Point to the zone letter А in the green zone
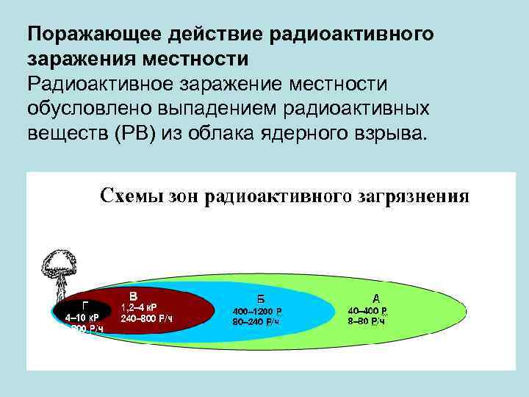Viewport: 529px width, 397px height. point(376,298)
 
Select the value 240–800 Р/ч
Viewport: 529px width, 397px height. point(147,318)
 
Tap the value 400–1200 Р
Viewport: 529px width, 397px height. point(257,311)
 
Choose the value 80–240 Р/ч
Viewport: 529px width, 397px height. point(256,322)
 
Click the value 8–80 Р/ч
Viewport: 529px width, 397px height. point(367,321)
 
